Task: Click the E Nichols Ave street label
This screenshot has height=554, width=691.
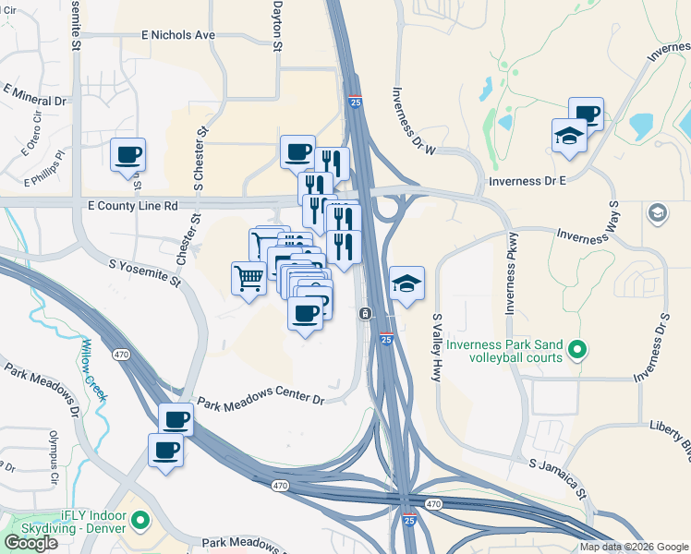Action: pos(178,35)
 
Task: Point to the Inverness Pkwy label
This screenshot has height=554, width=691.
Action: pos(509,282)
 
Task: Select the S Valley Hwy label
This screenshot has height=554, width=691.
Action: pos(438,347)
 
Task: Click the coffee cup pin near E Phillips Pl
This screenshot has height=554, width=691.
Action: pos(127,154)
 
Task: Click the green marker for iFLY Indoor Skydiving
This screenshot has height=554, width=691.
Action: pos(140,522)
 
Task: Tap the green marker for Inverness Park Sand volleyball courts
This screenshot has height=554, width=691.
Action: pos(577,349)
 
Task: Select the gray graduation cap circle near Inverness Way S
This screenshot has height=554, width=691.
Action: pos(657,213)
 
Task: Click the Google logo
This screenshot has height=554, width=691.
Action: pos(30,543)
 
